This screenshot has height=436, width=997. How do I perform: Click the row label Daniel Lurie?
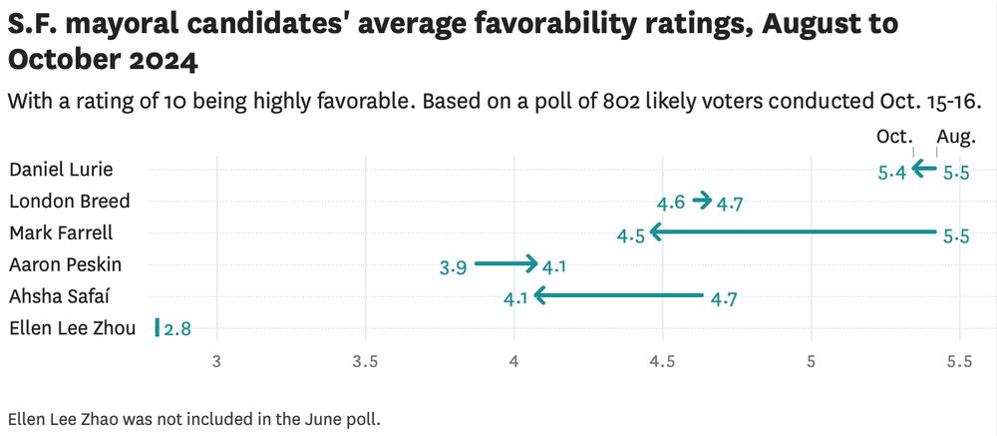tap(61, 170)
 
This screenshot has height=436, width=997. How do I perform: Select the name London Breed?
tap(69, 202)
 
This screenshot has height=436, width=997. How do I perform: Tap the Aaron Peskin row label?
tap(66, 265)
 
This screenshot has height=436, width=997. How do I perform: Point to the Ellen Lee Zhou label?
tap(72, 328)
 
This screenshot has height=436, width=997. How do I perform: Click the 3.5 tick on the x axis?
tap(365, 362)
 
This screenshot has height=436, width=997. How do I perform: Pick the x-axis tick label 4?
tap(513, 362)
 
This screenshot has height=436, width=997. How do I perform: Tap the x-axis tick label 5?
tap(811, 362)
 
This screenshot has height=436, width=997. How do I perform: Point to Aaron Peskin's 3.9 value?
tap(453, 267)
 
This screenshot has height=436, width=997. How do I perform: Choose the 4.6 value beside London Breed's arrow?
tap(671, 204)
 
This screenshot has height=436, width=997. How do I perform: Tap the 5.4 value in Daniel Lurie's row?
tap(892, 173)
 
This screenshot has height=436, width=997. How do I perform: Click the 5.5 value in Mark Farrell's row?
tap(956, 236)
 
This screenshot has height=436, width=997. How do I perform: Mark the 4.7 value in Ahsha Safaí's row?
tap(724, 299)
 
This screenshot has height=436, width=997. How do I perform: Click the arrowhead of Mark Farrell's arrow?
tap(655, 232)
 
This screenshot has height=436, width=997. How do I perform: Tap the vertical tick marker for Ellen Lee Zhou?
tap(157, 327)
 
